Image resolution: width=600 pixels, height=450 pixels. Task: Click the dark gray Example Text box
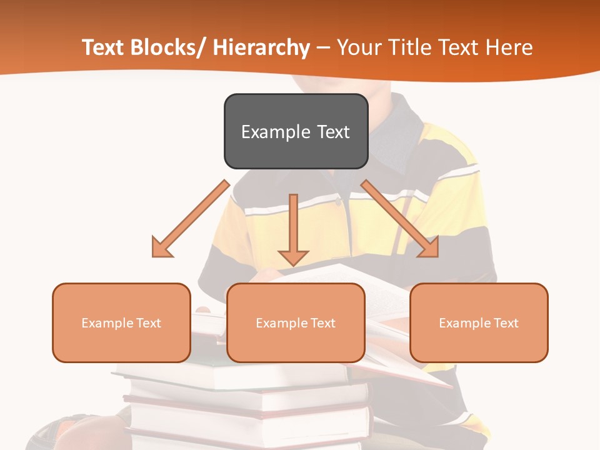(x=296, y=131)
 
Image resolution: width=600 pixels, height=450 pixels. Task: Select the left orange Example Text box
(x=121, y=322)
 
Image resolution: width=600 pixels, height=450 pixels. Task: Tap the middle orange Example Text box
(x=296, y=322)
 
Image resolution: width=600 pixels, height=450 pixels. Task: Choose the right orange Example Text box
(x=479, y=322)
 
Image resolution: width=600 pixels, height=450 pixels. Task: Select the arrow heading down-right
(x=400, y=219)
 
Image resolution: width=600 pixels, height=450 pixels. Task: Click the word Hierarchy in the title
(x=261, y=47)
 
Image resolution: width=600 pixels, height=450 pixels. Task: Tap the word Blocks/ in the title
(x=166, y=47)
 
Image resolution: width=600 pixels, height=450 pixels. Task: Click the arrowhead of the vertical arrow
(x=293, y=257)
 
